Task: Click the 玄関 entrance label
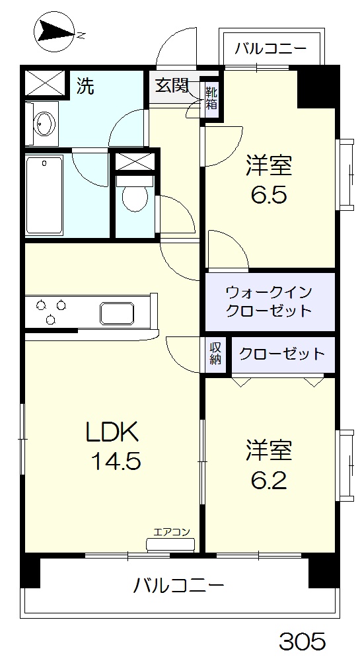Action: pyautogui.click(x=172, y=86)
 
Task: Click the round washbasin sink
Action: pyautogui.click(x=45, y=124)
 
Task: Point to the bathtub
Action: pyautogui.click(x=45, y=194)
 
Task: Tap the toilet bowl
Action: pyautogui.click(x=135, y=195)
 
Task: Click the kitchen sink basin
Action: pyautogui.click(x=118, y=311)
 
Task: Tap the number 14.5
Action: pyautogui.click(x=116, y=461)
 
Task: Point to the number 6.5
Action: pyautogui.click(x=268, y=196)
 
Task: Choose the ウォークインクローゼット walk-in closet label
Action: pyautogui.click(x=268, y=301)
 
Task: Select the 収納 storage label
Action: pyautogui.click(x=215, y=354)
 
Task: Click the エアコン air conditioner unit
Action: pyautogui.click(x=171, y=543)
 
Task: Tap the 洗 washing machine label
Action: pyautogui.click(x=85, y=86)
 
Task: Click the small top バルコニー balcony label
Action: pyautogui.click(x=270, y=48)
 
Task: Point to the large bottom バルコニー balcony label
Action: pyautogui.click(x=179, y=585)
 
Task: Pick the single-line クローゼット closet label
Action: pyautogui.click(x=282, y=354)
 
